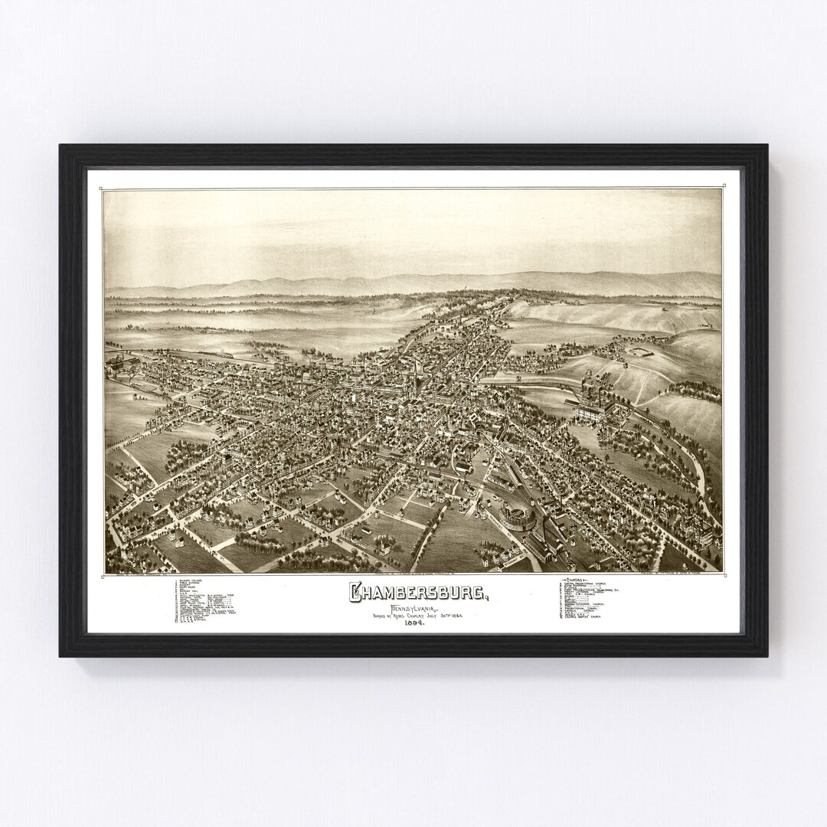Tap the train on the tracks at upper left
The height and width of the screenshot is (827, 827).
tap(230, 358)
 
